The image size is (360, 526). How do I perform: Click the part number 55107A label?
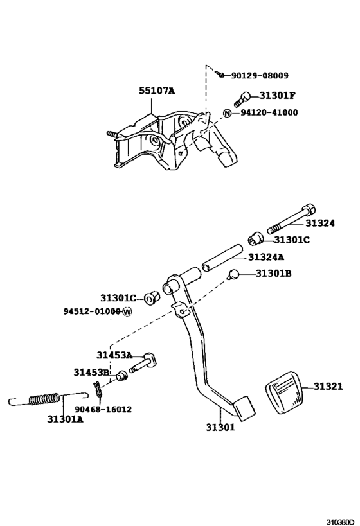[x=157, y=91]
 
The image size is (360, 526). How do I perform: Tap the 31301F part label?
[x=277, y=96]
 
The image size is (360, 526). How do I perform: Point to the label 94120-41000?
[x=269, y=112]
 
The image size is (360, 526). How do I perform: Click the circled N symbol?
[x=227, y=113]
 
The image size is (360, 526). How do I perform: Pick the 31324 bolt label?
[x=319, y=224]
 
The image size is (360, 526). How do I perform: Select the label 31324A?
[x=266, y=257]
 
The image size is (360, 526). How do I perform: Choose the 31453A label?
[x=114, y=355]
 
